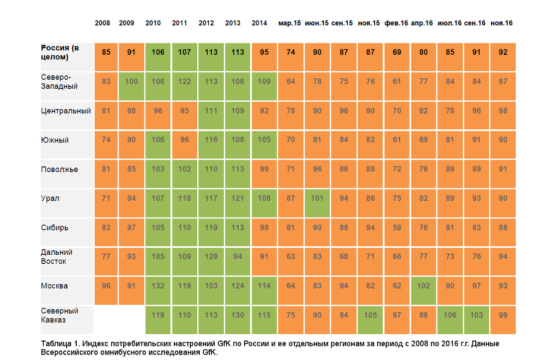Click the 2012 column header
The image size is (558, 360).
tap(206, 23)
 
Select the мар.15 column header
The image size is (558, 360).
tap(289, 23)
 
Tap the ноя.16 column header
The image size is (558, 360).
tap(501, 23)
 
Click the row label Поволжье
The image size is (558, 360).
tap(59, 170)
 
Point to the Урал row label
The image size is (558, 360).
tap(50, 198)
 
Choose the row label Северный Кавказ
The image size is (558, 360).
tap(59, 315)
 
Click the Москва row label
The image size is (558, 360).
tap(54, 286)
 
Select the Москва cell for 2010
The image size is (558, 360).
tap(157, 291)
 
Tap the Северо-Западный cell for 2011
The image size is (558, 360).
tap(184, 86)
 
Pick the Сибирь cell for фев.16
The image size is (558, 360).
tap(397, 232)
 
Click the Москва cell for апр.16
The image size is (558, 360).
tap(423, 291)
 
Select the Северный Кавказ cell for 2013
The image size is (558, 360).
tap(237, 320)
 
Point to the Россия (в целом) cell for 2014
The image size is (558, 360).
tap(264, 57)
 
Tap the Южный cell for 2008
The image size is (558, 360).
tap(106, 145)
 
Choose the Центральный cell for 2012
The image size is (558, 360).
tap(211, 115)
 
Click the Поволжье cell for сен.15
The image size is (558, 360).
tap(344, 174)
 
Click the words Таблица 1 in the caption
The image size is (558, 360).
tap(59, 344)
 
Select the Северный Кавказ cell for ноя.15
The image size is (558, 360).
tap(370, 320)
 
